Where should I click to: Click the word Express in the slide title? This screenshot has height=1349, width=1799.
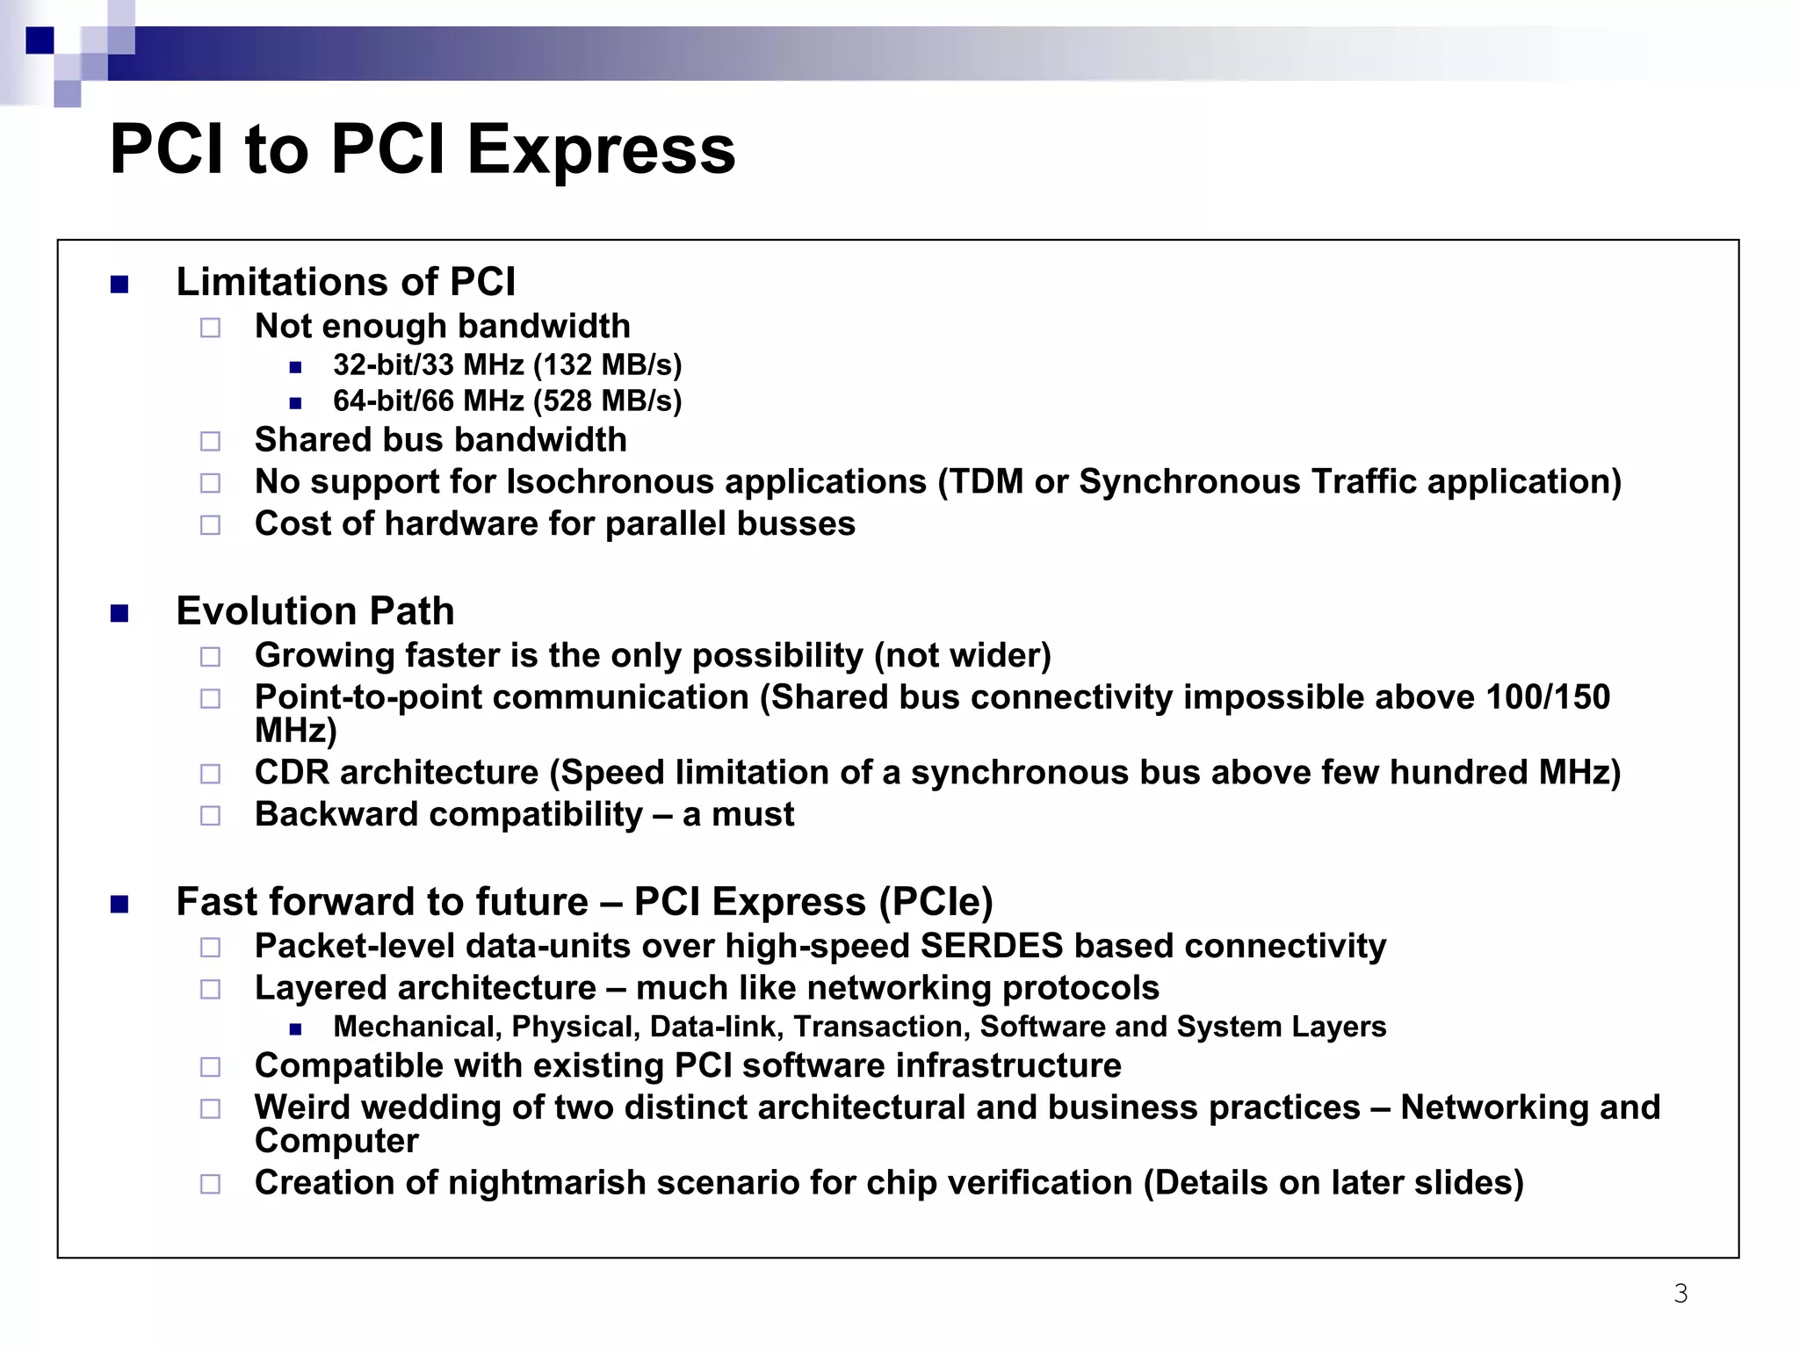tap(601, 150)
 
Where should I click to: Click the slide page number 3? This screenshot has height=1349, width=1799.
tap(1680, 1294)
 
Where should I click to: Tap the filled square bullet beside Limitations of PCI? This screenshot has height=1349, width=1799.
tap(119, 285)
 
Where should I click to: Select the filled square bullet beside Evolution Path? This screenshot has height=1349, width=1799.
tap(119, 613)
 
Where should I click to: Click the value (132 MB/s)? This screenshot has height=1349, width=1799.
tap(607, 365)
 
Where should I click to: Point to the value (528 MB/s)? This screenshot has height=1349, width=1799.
tap(607, 401)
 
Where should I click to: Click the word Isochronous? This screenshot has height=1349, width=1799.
tap(611, 482)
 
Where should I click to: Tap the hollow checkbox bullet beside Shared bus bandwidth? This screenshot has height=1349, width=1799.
tap(210, 441)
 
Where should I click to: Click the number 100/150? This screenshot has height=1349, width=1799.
tap(1547, 697)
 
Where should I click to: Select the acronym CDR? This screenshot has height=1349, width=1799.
tap(292, 773)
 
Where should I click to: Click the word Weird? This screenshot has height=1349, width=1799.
tap(303, 1108)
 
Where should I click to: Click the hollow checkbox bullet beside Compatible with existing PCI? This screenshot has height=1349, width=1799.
tap(210, 1067)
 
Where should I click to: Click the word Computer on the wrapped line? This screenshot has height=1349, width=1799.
tap(336, 1141)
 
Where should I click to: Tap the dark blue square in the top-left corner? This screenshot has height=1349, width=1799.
tap(40, 40)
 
